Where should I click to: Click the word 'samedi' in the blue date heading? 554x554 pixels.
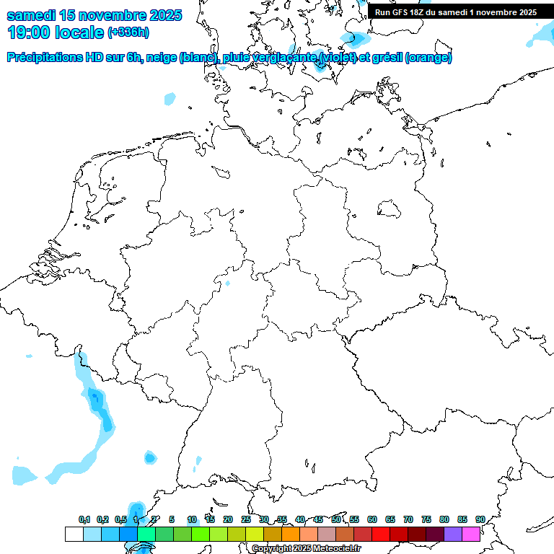32,15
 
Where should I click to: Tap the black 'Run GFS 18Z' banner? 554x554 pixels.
456,12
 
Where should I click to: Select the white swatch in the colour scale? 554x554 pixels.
74,535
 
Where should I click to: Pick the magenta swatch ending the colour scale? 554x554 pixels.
471,535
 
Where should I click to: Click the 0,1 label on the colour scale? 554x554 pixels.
84,519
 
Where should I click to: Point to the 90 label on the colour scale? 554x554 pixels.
480,519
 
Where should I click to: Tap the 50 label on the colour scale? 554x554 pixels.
336,519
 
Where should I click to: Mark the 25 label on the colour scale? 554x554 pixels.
246,519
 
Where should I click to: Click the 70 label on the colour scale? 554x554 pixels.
408,519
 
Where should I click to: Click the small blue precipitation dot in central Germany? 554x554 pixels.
228,283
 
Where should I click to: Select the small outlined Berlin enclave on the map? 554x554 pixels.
390,208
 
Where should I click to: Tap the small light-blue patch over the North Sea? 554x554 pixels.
170,97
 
